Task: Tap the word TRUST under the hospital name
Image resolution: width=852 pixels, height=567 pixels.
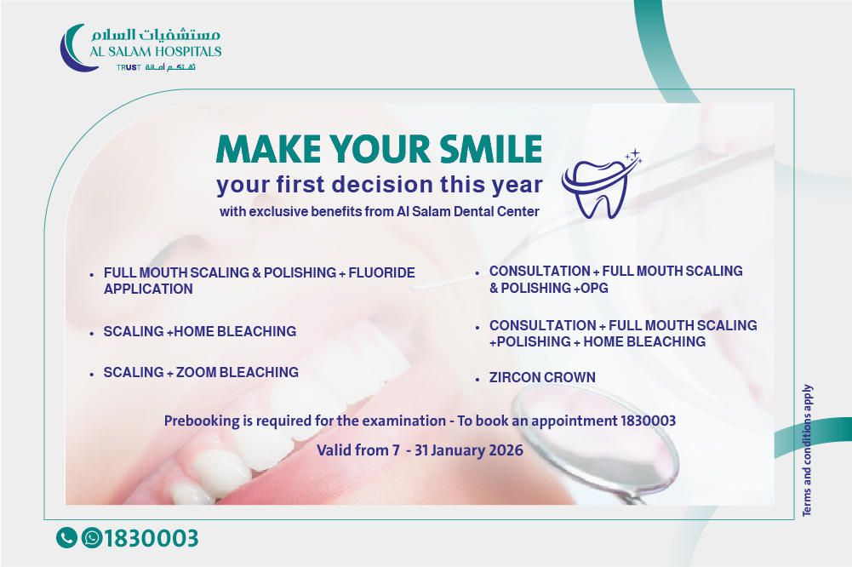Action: tap(129, 67)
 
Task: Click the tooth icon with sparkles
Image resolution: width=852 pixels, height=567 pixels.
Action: tap(600, 185)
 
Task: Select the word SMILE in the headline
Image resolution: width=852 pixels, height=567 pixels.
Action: tap(490, 149)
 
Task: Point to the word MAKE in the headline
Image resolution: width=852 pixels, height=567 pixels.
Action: tap(268, 149)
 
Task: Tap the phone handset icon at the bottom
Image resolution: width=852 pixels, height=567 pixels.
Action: tap(66, 538)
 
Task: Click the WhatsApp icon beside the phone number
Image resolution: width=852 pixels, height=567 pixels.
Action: tap(92, 538)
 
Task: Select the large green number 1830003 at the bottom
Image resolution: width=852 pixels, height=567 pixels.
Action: tap(151, 538)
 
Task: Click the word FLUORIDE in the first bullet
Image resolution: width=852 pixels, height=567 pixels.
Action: tap(381, 272)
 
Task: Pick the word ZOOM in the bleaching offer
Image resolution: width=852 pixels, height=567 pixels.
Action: tap(196, 372)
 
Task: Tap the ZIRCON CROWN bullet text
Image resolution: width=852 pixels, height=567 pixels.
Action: tap(542, 377)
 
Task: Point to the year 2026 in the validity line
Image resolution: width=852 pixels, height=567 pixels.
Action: tap(506, 450)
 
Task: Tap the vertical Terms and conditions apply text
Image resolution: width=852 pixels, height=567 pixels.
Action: tap(807, 450)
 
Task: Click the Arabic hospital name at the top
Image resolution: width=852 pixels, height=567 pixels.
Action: tap(156, 34)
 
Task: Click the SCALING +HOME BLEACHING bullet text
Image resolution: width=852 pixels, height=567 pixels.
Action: tap(200, 332)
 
